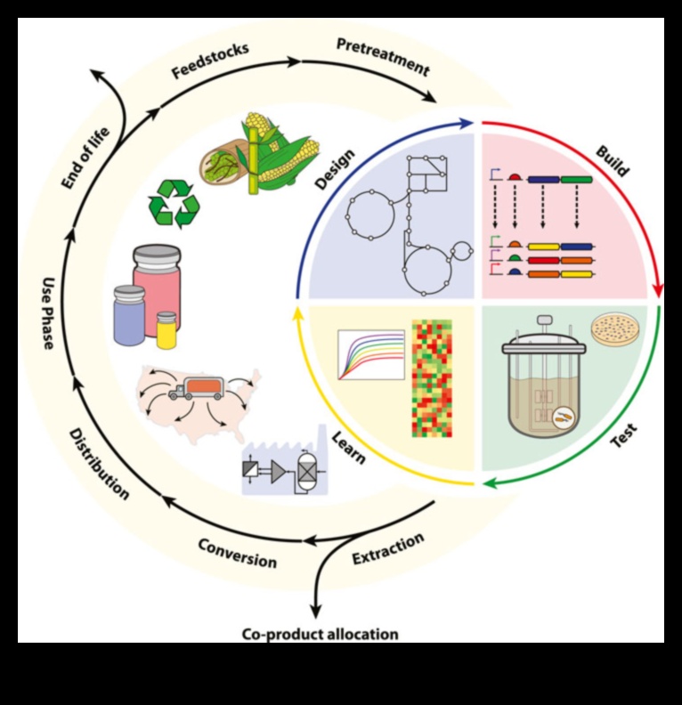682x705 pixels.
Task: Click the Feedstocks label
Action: (210, 59)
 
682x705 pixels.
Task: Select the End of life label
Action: (85, 160)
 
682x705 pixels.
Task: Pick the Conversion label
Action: (237, 553)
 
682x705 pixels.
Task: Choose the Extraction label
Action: (388, 548)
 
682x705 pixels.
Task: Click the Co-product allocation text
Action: (320, 635)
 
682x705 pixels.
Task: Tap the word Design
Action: (335, 169)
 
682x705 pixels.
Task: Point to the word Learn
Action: (348, 446)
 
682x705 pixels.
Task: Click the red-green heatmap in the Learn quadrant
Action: (432, 377)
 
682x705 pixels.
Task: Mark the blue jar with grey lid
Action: (128, 315)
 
